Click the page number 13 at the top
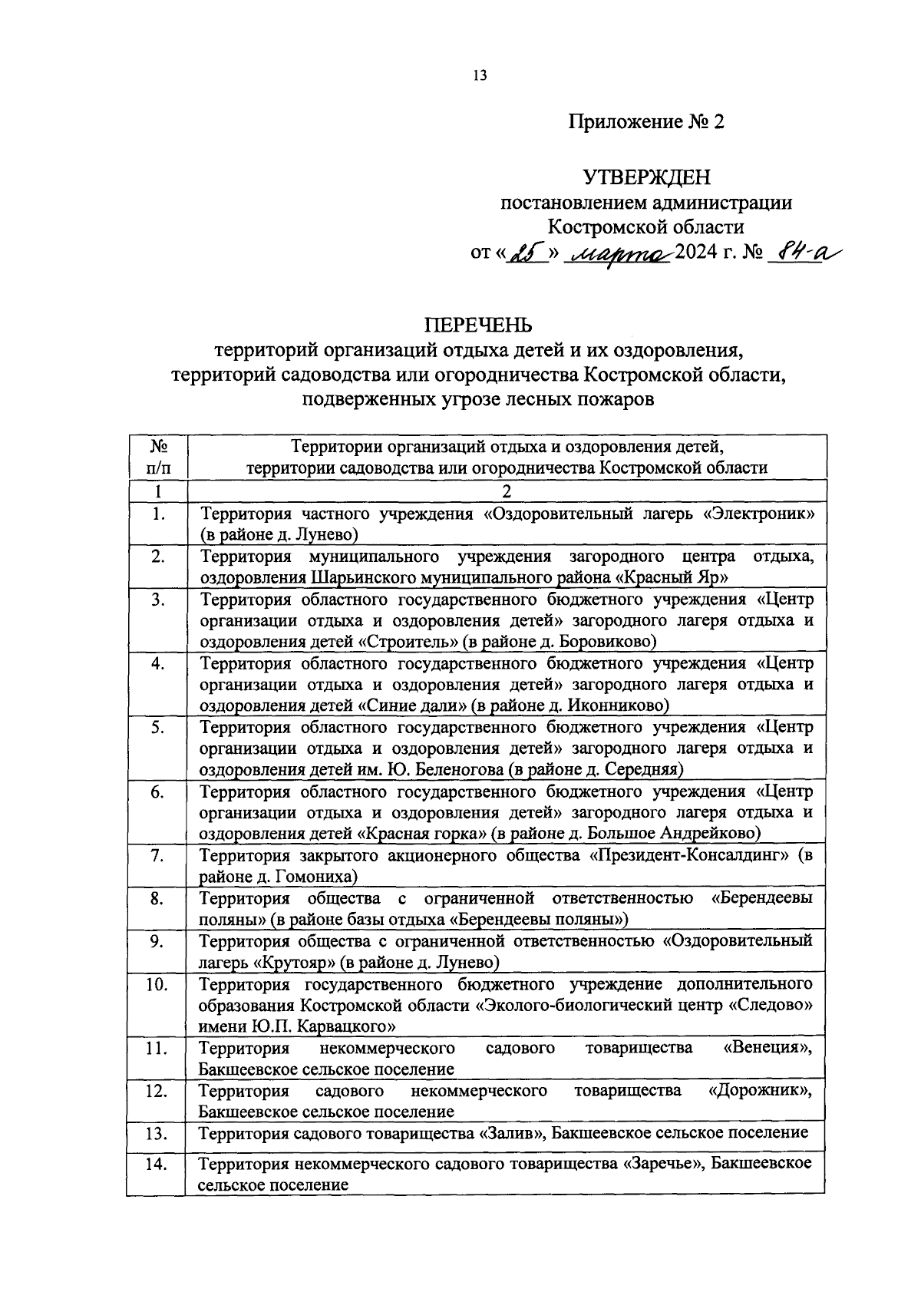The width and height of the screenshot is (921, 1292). click(x=480, y=75)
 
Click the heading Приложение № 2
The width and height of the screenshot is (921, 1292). click(x=645, y=122)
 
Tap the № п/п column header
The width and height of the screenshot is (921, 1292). click(x=157, y=457)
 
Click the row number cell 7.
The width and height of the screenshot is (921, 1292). click(x=157, y=856)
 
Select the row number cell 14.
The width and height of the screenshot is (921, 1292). click(x=157, y=1165)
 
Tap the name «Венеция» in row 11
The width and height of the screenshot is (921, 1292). click(x=767, y=1048)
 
